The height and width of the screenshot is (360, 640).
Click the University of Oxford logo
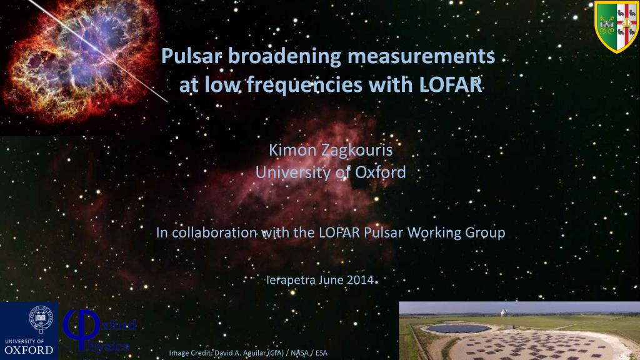(29, 331)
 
